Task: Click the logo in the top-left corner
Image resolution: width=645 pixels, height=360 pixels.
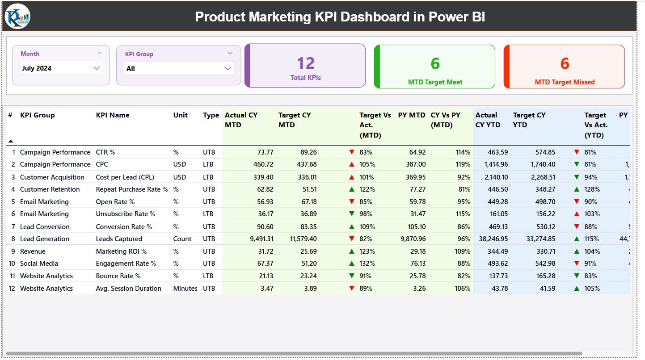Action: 17,16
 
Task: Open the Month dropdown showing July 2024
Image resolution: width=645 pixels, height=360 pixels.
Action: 61,68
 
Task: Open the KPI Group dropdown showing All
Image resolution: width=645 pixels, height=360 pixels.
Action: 178,68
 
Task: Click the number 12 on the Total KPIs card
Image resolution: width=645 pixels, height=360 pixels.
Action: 306,63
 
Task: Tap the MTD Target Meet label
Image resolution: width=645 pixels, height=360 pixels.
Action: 435,82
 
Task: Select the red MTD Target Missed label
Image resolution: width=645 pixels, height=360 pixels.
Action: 565,82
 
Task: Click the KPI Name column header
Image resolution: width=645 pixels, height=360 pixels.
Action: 113,115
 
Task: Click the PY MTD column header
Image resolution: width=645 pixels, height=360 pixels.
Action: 412,115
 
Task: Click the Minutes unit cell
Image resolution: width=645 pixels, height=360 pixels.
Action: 185,289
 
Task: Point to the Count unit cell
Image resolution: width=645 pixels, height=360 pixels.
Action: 182,239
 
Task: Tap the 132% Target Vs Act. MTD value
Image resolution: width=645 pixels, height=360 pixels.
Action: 367,264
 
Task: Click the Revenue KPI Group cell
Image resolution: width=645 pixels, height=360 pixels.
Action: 33,251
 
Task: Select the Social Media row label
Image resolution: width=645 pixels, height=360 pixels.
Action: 39,264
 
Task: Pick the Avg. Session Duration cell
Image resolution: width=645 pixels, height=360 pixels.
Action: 128,289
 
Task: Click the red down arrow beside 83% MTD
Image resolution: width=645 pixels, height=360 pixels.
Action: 352,152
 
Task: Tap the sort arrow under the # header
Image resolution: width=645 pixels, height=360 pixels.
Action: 11,141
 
